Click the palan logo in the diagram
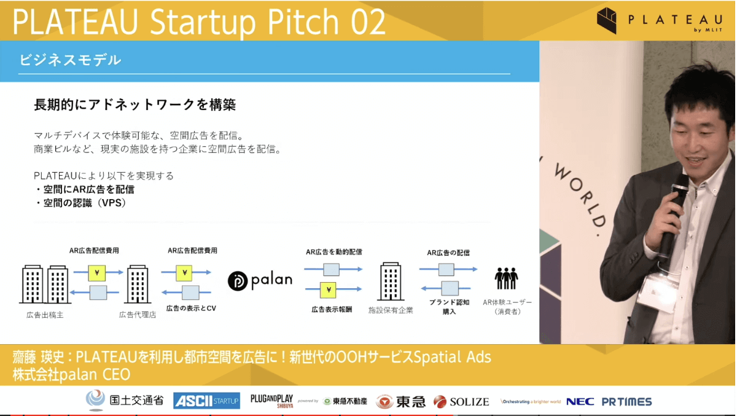(260, 281)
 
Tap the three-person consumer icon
(506, 278)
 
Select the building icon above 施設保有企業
(391, 281)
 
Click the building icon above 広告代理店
(138, 284)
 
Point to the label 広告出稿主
(45, 315)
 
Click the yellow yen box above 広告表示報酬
(328, 290)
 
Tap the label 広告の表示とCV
(191, 308)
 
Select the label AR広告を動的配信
(334, 252)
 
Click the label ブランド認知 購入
(449, 307)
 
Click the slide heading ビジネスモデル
(71, 60)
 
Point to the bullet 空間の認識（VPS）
(80, 203)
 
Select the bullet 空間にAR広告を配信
(85, 189)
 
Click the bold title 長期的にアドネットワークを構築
(135, 104)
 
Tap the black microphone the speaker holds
(673, 214)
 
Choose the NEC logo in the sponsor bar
(580, 401)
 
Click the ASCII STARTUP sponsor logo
(206, 401)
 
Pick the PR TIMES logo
(627, 401)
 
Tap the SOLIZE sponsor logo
(461, 401)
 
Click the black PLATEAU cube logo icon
(607, 20)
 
